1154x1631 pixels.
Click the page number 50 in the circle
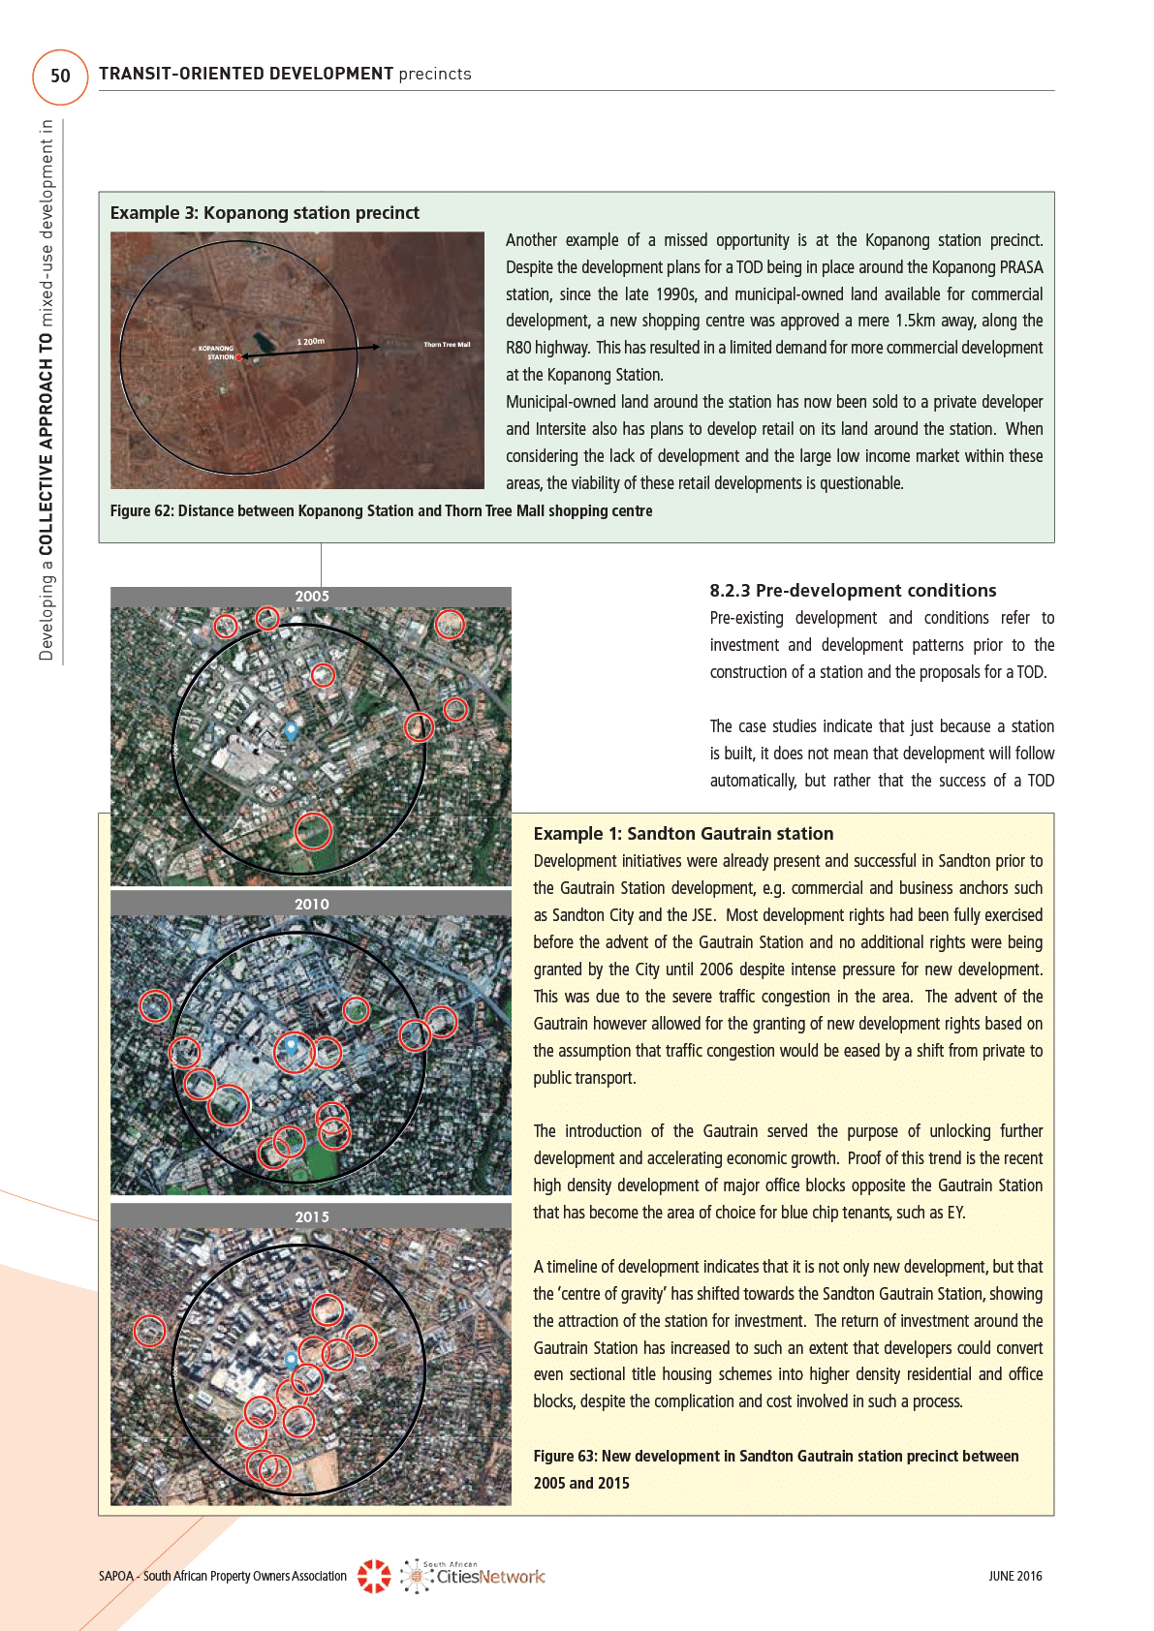point(60,76)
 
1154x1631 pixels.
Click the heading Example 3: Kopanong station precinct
point(265,213)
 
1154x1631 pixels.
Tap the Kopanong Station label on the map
point(218,353)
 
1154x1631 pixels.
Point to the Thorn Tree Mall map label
point(447,345)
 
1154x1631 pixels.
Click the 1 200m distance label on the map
point(310,342)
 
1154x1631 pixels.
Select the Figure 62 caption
point(381,511)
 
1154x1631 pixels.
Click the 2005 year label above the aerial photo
point(312,597)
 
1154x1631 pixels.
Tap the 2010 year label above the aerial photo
point(312,905)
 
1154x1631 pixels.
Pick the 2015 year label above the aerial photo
point(312,1217)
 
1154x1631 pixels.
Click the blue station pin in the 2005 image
point(291,728)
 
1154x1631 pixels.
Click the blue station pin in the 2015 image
point(291,1360)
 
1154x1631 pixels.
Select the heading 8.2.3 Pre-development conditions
point(853,591)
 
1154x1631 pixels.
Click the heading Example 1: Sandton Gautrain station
point(683,834)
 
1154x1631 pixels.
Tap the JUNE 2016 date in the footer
point(1014,1576)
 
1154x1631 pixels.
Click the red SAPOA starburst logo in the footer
point(374,1576)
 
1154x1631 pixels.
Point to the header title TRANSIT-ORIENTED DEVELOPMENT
point(246,74)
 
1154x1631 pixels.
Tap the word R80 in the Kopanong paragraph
point(518,348)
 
